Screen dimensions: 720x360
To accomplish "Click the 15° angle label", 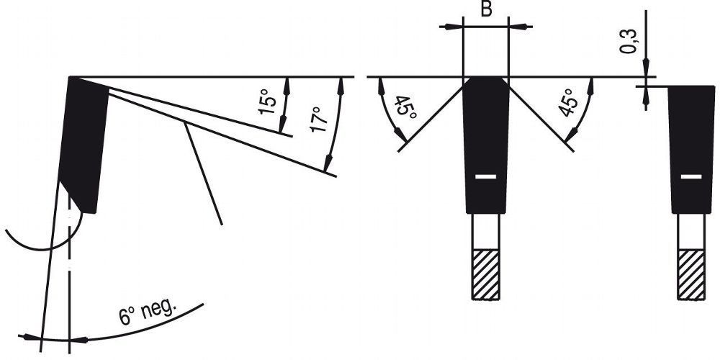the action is (268, 104).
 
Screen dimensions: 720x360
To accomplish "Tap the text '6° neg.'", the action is (148, 312).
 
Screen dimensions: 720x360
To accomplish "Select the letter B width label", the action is (486, 9).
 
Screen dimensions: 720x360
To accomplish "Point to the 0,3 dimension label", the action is (629, 41).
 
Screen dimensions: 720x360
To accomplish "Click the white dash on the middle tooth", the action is (486, 177).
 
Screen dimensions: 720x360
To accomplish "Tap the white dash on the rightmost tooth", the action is (691, 177).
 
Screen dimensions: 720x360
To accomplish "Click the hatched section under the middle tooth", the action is (486, 274).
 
